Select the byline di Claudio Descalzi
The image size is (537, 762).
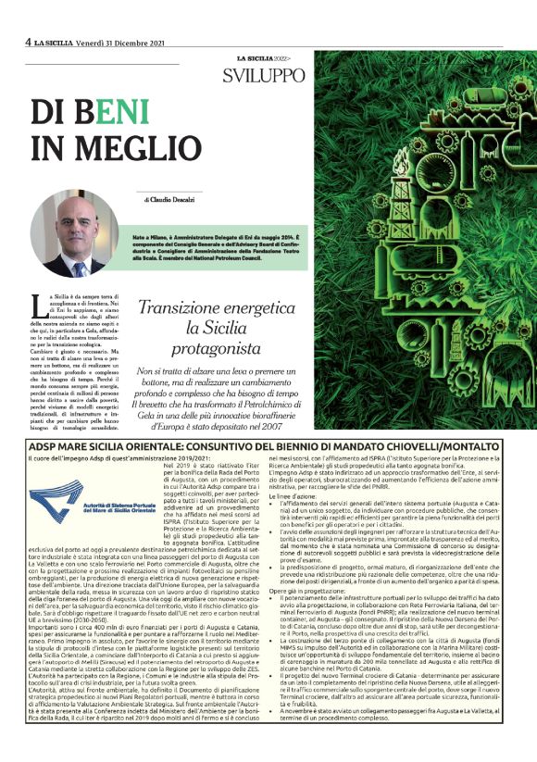171,199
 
